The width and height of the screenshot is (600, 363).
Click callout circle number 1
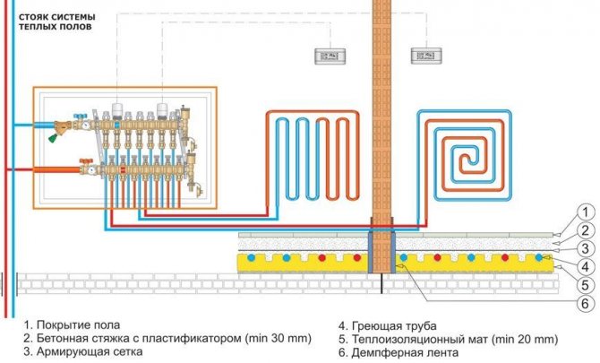point(583,212)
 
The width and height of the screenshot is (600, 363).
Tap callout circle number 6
point(583,304)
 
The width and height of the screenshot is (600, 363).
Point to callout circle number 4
point(583,267)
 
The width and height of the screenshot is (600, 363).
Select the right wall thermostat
point(422,56)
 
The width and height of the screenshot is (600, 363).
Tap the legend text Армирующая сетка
point(87,353)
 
